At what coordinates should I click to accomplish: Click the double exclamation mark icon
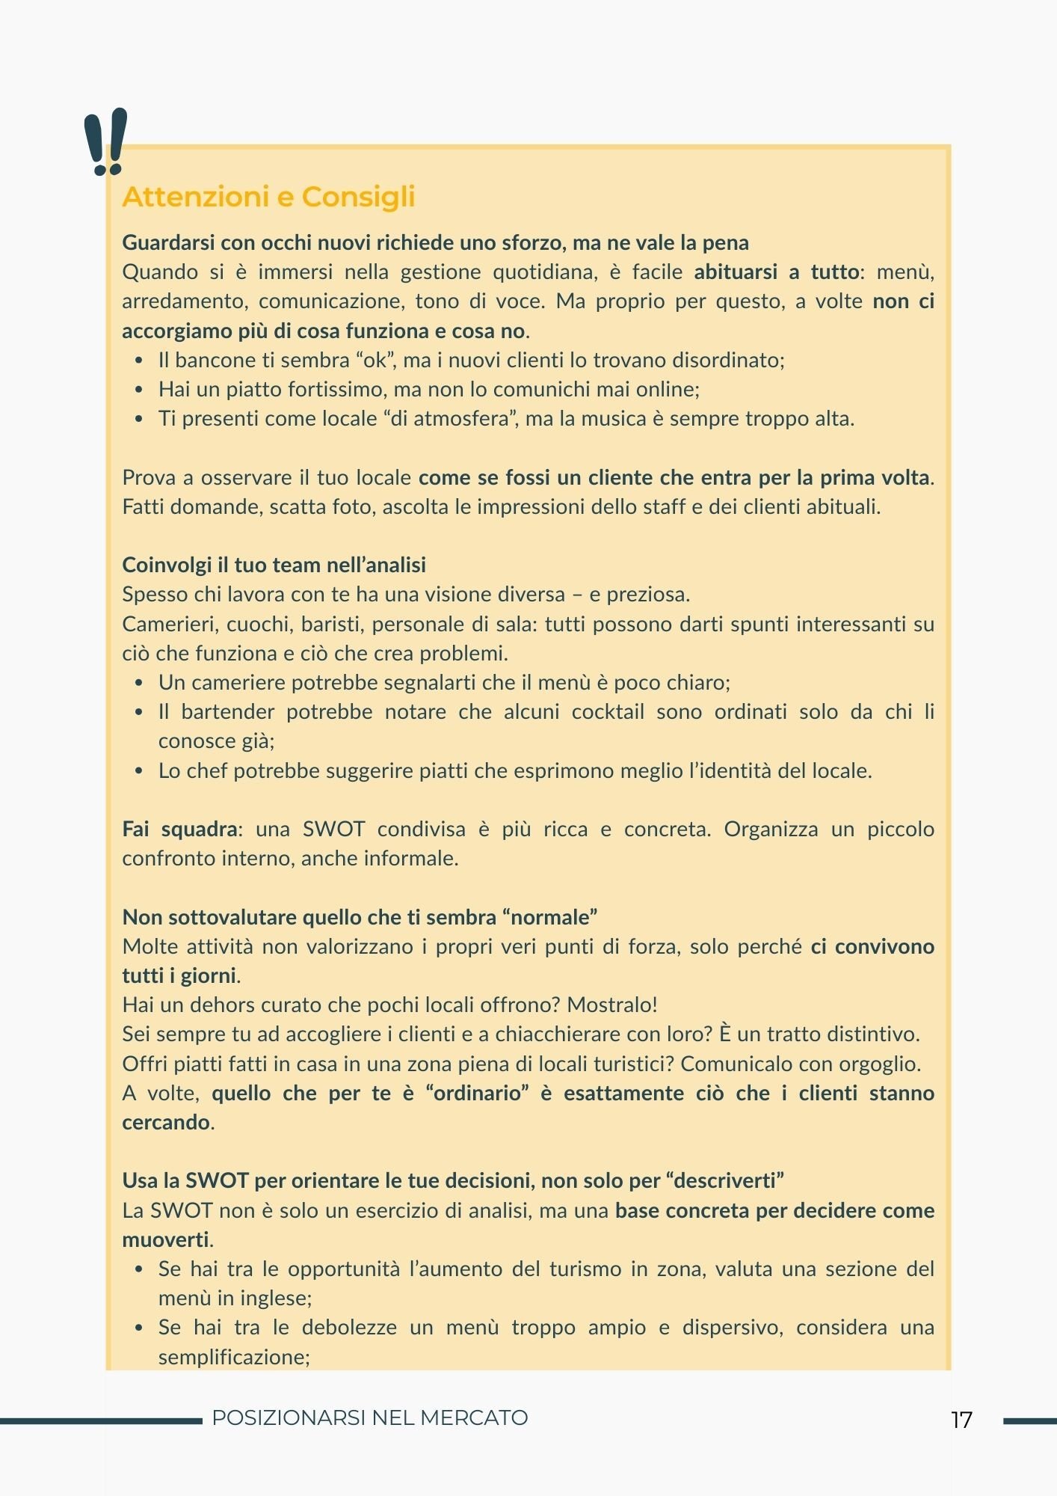(x=105, y=142)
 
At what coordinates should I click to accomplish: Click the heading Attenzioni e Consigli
(x=268, y=197)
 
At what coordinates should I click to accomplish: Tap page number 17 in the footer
(x=961, y=1420)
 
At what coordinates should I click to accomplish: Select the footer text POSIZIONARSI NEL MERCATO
(x=369, y=1417)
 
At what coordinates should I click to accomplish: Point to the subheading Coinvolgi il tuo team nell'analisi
(x=274, y=565)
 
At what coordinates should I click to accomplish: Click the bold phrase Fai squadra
(x=179, y=829)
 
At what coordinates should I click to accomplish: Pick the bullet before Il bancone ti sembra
(x=139, y=361)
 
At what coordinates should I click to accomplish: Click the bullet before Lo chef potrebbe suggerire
(x=139, y=771)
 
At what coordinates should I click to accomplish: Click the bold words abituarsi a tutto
(x=775, y=272)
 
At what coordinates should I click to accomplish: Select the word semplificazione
(x=233, y=1357)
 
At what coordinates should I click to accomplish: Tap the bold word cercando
(x=166, y=1122)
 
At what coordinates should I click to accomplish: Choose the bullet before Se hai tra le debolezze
(x=139, y=1328)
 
